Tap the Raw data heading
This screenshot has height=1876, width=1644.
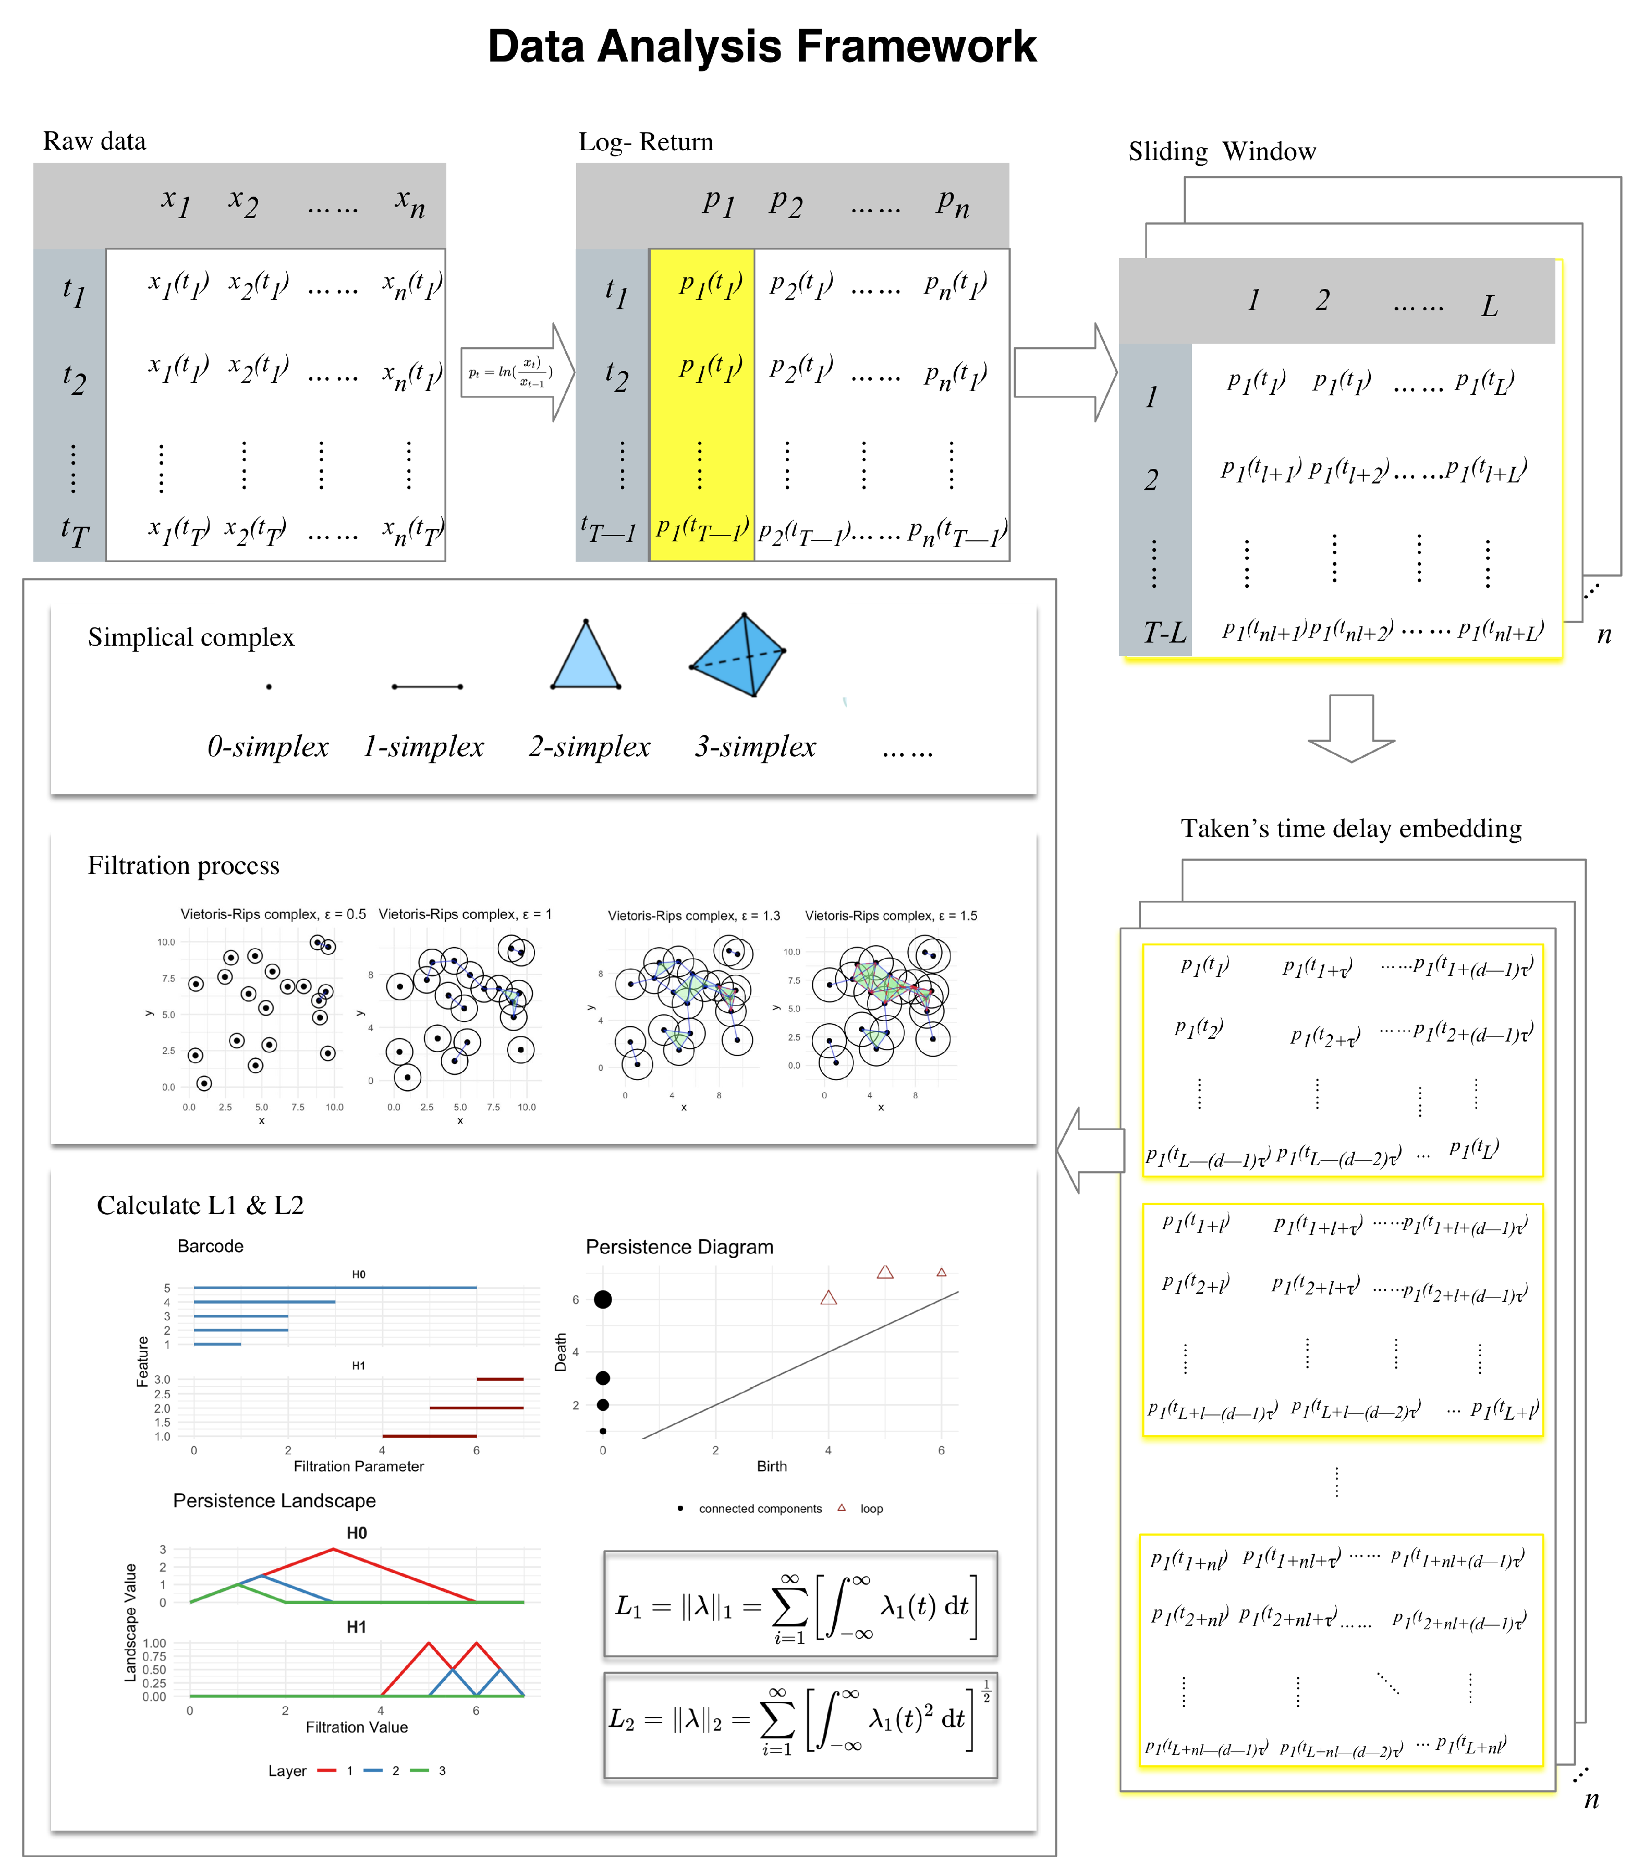coord(94,141)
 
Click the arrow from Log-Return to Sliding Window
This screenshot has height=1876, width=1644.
coord(1064,372)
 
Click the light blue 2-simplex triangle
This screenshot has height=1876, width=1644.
coord(586,660)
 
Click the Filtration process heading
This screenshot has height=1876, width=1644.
coord(184,865)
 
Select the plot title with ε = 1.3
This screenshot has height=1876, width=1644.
coord(693,916)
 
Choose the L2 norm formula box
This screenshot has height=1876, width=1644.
coord(800,1725)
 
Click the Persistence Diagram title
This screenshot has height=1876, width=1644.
coord(679,1246)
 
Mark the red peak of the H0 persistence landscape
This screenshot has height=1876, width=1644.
coord(333,1550)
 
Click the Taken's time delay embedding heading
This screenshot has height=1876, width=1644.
coord(1350,829)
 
